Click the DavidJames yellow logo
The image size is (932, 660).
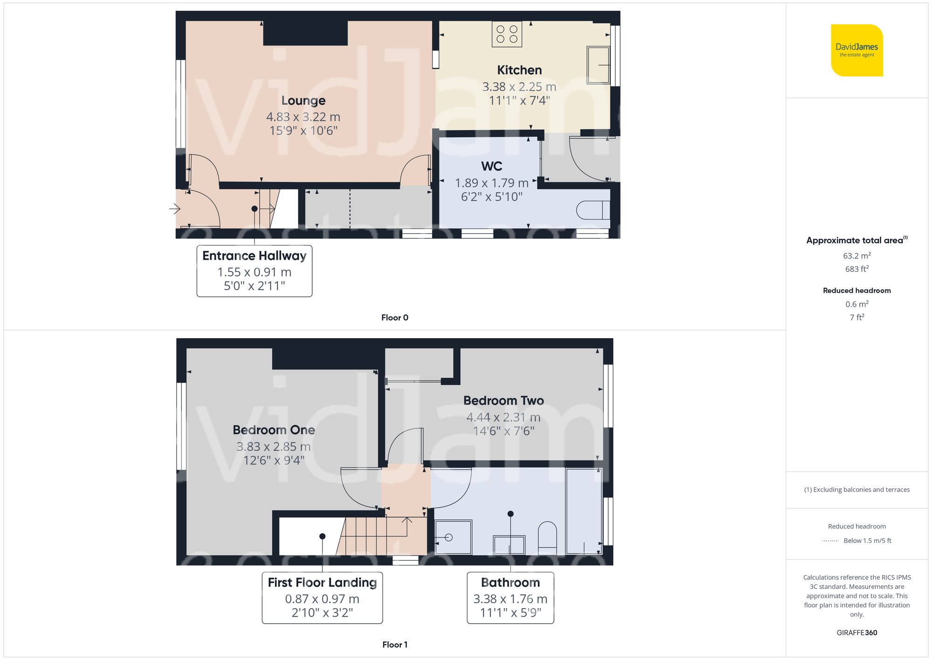[x=857, y=50]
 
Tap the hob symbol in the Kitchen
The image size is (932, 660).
[x=507, y=34]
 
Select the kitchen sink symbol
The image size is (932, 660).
[x=598, y=65]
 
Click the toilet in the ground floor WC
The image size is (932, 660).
[x=592, y=210]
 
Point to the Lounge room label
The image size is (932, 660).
[x=303, y=100]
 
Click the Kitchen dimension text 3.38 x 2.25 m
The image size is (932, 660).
[x=519, y=87]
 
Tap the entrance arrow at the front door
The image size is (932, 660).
[x=175, y=208]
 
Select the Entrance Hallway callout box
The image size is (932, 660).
[x=254, y=271]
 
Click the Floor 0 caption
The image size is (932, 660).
[x=395, y=318]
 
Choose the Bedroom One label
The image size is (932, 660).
[x=274, y=430]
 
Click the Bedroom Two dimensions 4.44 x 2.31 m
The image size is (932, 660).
[x=503, y=417]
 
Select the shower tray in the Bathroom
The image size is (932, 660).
[x=453, y=537]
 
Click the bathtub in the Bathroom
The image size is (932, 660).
[x=583, y=511]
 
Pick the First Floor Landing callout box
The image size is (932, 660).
[x=322, y=597]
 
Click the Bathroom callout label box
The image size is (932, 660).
[x=510, y=597]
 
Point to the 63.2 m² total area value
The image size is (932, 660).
[x=857, y=256]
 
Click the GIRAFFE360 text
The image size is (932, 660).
[x=857, y=632]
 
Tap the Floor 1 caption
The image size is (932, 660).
[x=395, y=645]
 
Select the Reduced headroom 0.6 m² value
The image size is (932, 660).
[x=857, y=304]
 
